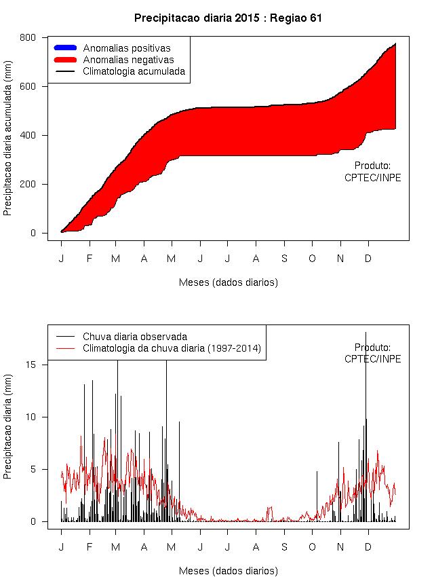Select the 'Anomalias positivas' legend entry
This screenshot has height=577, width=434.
(126, 48)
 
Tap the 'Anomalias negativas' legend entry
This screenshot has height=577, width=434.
(128, 60)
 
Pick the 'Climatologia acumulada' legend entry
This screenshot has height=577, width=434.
(134, 71)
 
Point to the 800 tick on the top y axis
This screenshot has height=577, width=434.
(28, 37)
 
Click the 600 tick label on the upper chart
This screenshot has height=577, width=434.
(28, 86)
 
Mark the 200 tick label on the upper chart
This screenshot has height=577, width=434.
(28, 184)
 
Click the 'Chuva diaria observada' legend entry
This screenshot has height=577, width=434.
(134, 336)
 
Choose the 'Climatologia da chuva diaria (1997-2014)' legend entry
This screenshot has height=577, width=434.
(172, 348)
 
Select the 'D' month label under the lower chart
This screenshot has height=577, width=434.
(368, 546)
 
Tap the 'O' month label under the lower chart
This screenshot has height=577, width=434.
(312, 546)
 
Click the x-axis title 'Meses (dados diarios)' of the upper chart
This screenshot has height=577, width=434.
(228, 282)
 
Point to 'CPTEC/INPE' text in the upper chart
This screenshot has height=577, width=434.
(372, 177)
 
